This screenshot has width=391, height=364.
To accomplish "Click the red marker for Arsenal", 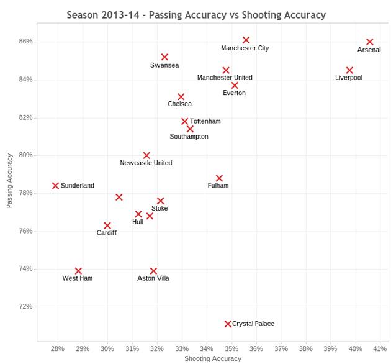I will click(370, 42).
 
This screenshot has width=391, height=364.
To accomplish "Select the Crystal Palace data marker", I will click(228, 324).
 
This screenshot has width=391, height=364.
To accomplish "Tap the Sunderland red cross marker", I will click(55, 186).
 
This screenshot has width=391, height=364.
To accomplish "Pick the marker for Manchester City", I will click(246, 40).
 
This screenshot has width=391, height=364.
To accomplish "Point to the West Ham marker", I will click(78, 271).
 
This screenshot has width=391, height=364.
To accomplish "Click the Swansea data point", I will click(164, 57).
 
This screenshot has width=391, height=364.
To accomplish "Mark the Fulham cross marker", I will click(219, 178).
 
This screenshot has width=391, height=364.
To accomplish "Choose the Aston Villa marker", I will click(153, 271).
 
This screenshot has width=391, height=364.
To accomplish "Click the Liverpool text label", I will click(348, 78).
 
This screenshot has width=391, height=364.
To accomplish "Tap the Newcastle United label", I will click(146, 163).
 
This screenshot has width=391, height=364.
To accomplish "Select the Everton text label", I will click(234, 93).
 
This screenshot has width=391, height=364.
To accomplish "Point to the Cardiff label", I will click(106, 233).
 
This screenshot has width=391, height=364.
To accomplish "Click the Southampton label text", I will click(189, 137).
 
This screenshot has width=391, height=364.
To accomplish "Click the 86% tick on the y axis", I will click(25, 42).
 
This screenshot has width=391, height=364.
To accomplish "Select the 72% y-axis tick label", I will click(25, 307).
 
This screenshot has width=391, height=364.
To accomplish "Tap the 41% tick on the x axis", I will click(380, 348).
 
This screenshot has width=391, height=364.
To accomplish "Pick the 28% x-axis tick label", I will click(58, 348).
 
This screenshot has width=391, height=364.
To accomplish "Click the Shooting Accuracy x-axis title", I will click(213, 358).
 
